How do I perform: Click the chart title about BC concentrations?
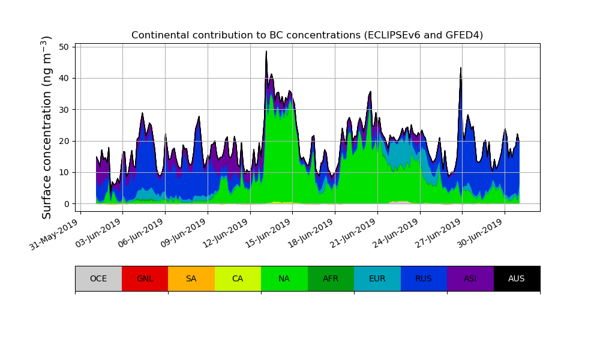tap(307, 35)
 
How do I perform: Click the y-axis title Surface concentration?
tap(47, 127)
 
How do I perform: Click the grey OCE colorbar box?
tap(98, 278)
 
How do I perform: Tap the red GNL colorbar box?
tap(145, 278)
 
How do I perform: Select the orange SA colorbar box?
tap(191, 278)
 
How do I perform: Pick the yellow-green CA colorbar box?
tap(238, 278)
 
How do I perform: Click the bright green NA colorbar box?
tap(284, 278)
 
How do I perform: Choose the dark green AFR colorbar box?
tap(331, 278)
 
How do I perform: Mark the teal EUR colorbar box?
tap(377, 278)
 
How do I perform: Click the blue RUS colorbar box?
tap(424, 278)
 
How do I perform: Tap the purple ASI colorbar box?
tap(470, 278)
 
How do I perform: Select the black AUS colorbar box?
tap(517, 278)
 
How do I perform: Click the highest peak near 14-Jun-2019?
tap(266, 52)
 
